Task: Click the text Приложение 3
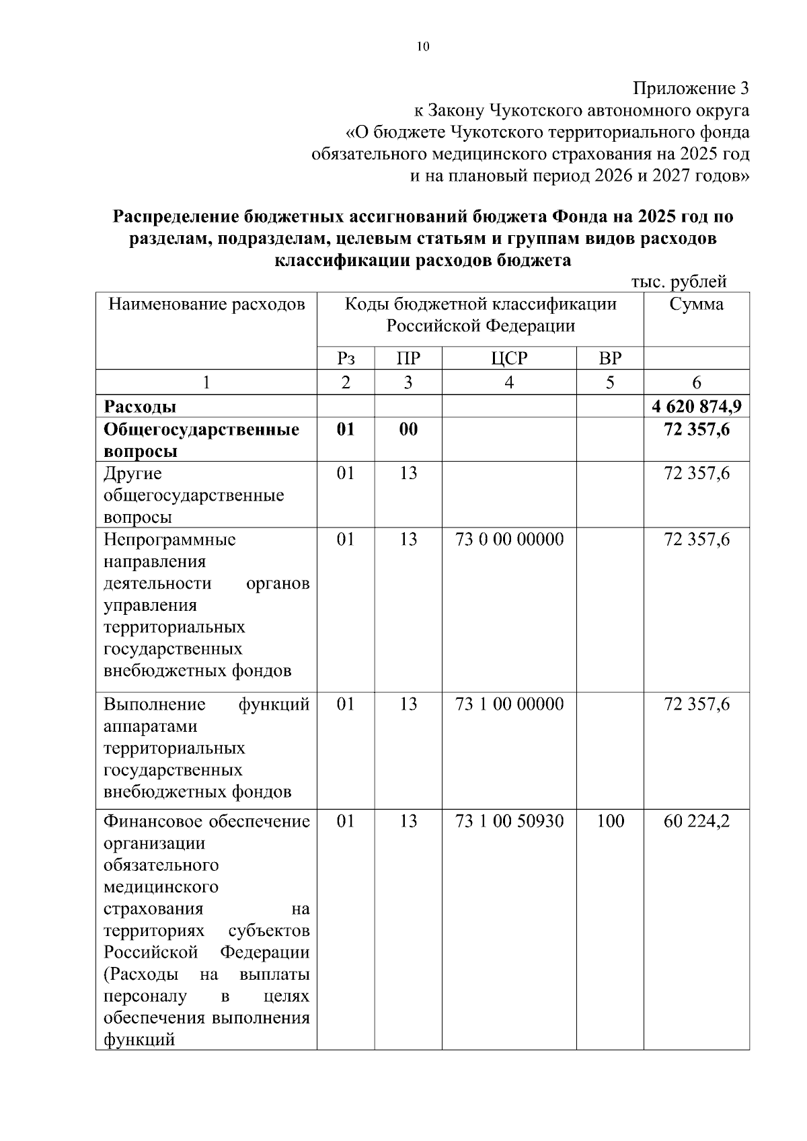coord(691,89)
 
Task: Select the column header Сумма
coord(696,304)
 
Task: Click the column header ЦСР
coord(508,358)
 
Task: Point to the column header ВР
coord(609,358)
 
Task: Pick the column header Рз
coord(345,358)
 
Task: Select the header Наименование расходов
coord(206,304)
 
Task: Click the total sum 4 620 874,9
coord(697,407)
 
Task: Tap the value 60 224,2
coord(697,821)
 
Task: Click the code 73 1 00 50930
coord(509,821)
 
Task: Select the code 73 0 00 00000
coord(509,540)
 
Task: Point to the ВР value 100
coord(610,821)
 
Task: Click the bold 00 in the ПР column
coord(408,429)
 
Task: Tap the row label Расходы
coord(140,407)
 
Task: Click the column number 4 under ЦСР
coord(509,382)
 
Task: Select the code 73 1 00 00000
coord(509,704)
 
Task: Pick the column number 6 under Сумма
coord(697,382)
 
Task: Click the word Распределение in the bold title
coord(176,217)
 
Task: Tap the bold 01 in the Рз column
coord(345,429)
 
